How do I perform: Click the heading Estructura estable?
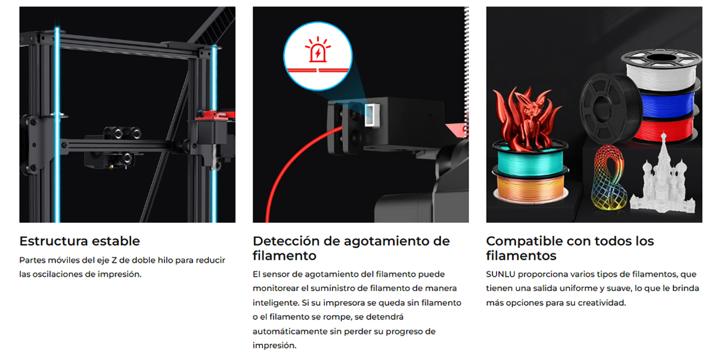click(x=79, y=241)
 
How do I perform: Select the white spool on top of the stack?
click(x=660, y=69)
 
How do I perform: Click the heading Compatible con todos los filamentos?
click(x=570, y=249)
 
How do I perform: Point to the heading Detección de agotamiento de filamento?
click(x=351, y=249)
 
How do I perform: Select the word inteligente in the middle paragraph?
click(x=275, y=303)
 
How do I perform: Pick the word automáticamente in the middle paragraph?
click(x=288, y=331)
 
